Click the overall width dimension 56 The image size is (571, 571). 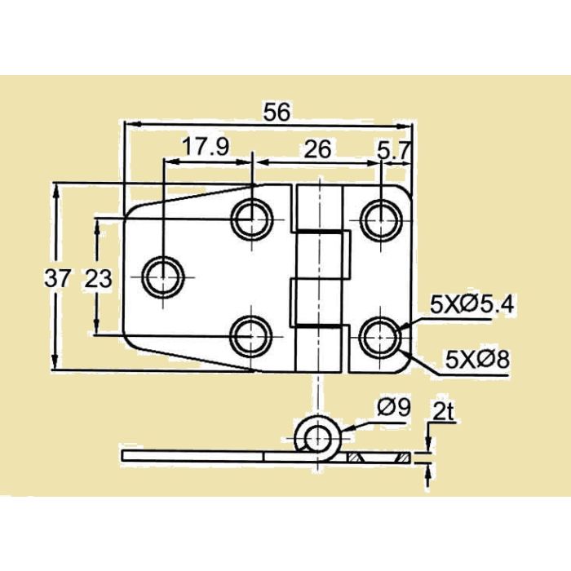pyautogui.click(x=277, y=113)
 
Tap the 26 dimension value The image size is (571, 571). pyautogui.click(x=316, y=148)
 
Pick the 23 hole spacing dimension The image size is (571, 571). pyautogui.click(x=98, y=278)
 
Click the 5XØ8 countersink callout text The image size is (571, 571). pyautogui.click(x=478, y=358)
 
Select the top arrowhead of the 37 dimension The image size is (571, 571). pyautogui.click(x=55, y=189)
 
